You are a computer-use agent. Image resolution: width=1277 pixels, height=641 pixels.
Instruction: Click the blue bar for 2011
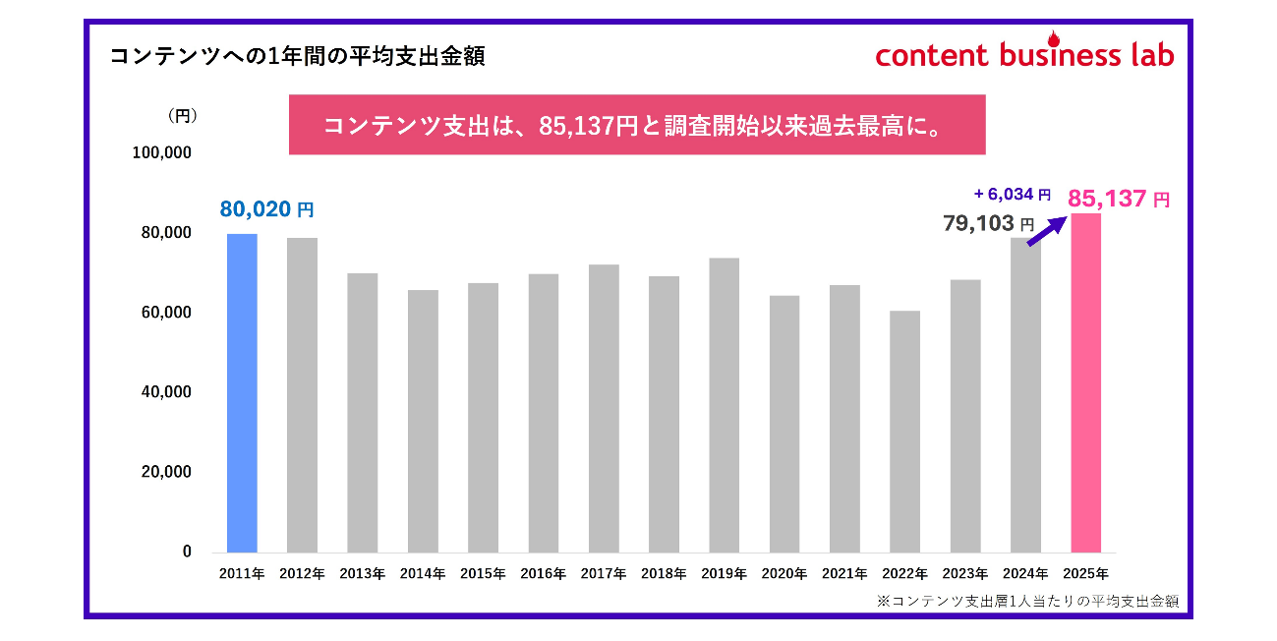(242, 393)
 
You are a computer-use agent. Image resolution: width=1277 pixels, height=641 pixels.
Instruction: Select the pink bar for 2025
(1085, 383)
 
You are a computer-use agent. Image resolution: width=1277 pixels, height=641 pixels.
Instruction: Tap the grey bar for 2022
(904, 432)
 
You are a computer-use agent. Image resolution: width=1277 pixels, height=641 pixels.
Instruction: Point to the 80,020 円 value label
(266, 209)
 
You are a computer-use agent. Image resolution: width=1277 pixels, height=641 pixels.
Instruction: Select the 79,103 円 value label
(989, 224)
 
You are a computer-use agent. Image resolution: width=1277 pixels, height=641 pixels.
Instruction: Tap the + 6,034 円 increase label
(1012, 195)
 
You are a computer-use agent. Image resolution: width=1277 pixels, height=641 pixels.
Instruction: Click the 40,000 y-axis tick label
(168, 392)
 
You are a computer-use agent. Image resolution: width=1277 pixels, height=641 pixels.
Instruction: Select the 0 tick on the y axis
(187, 552)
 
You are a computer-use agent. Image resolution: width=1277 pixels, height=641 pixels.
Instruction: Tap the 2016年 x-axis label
(543, 573)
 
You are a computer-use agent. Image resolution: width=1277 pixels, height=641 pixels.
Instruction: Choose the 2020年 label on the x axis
(784, 573)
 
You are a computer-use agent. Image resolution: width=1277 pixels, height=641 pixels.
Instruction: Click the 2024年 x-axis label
(1025, 573)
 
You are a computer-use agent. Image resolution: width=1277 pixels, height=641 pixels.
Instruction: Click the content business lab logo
(1024, 53)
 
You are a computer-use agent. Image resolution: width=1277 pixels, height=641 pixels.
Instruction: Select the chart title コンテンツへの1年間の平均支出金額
(297, 56)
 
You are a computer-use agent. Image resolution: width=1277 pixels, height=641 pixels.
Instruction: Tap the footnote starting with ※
(1027, 600)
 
